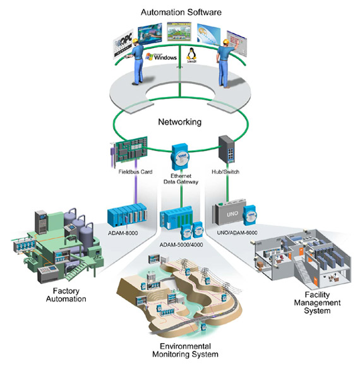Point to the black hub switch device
coord(227,150)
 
